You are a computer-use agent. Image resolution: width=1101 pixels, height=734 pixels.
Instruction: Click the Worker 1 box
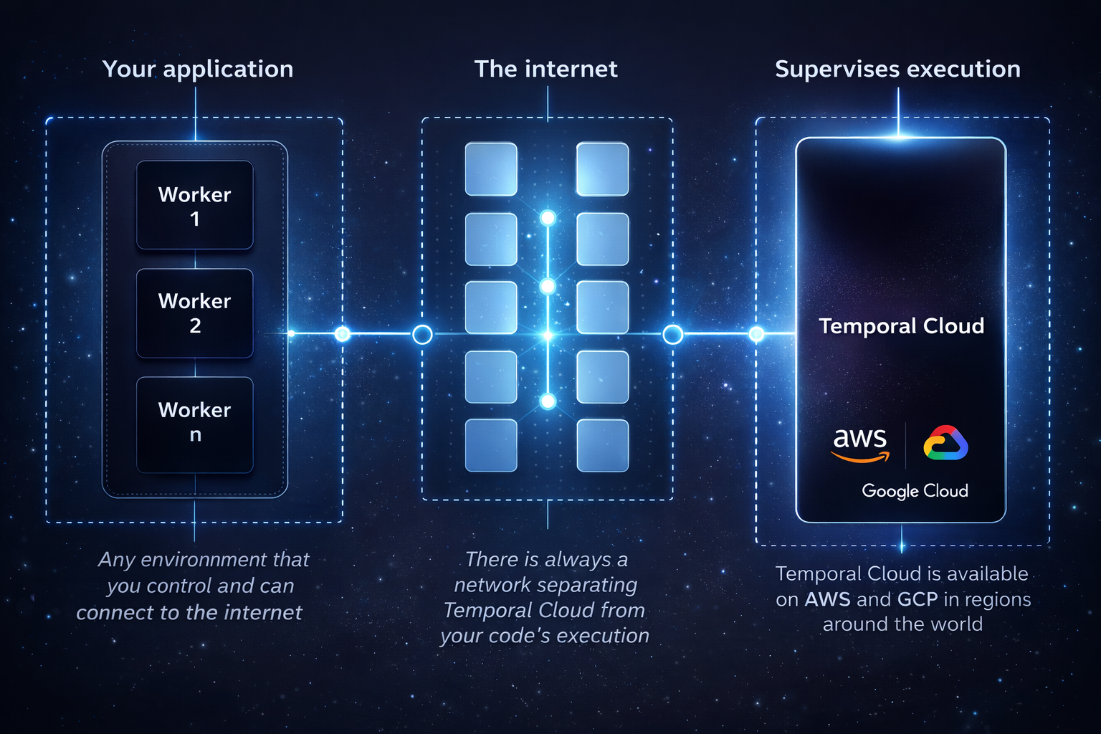pyautogui.click(x=195, y=206)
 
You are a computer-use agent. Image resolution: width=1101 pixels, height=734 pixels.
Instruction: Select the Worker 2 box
pyautogui.click(x=195, y=313)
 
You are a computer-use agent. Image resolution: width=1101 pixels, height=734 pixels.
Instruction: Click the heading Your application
pyautogui.click(x=198, y=69)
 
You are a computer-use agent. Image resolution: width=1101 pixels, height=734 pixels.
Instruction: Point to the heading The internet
pyautogui.click(x=545, y=69)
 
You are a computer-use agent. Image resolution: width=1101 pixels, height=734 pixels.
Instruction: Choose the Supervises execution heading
pyautogui.click(x=897, y=69)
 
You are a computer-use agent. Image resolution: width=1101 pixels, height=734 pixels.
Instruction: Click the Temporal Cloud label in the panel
pyautogui.click(x=901, y=326)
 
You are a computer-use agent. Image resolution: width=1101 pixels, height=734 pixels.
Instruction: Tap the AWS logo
pyautogui.click(x=860, y=444)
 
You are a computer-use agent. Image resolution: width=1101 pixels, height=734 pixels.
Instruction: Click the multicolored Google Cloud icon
pyautogui.click(x=945, y=442)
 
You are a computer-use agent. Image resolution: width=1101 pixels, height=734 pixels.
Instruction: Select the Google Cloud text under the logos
pyautogui.click(x=915, y=491)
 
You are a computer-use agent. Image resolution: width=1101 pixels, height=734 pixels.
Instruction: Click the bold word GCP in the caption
pyautogui.click(x=917, y=599)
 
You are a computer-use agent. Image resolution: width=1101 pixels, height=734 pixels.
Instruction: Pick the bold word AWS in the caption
pyautogui.click(x=827, y=599)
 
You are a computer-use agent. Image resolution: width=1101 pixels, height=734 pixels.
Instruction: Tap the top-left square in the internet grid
pyautogui.click(x=491, y=169)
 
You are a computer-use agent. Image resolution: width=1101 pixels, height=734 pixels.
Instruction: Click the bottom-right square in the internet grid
pyautogui.click(x=603, y=446)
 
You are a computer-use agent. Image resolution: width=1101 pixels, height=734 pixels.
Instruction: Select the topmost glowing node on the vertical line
pyautogui.click(x=548, y=218)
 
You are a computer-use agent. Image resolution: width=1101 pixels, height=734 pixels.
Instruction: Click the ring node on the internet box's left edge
pyautogui.click(x=422, y=334)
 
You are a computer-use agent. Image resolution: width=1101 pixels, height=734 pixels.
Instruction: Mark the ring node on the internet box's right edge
pyautogui.click(x=672, y=334)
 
